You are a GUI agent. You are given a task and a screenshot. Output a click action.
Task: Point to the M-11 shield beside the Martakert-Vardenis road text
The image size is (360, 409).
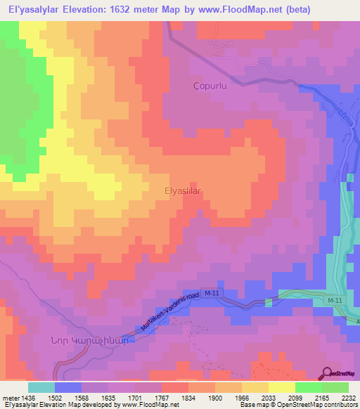tap(212, 292)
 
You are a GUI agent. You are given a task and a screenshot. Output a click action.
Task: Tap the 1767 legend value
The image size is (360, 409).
tap(169, 397)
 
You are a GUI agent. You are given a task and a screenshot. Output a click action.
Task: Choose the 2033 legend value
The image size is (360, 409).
tap(266, 397)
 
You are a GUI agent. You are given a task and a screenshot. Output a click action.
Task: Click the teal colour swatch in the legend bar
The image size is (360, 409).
tap(41, 387)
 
